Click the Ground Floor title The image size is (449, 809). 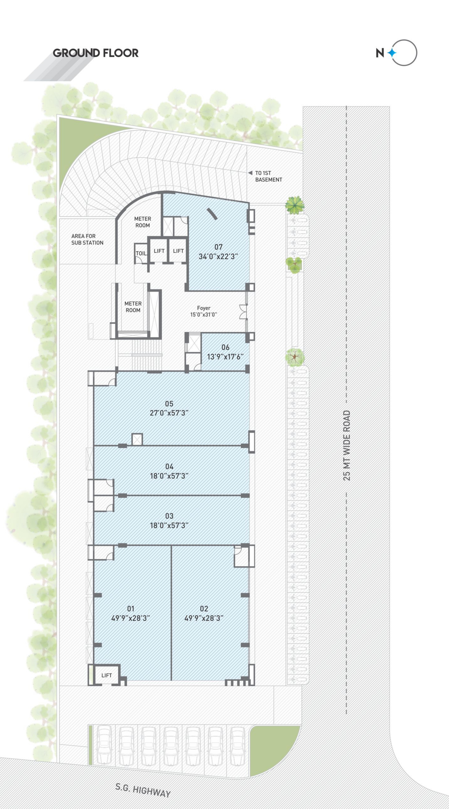pyautogui.click(x=95, y=53)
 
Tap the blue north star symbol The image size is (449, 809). pyautogui.click(x=392, y=53)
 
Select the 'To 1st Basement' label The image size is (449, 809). pyautogui.click(x=268, y=176)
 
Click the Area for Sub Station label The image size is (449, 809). pyautogui.click(x=87, y=239)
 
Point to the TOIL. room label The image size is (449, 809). pyautogui.click(x=141, y=253)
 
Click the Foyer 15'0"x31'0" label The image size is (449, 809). pyautogui.click(x=204, y=311)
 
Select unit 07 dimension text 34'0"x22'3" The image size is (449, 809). pyautogui.click(x=218, y=256)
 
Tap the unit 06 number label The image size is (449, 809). pyautogui.click(x=225, y=347)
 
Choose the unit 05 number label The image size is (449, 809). pyautogui.click(x=169, y=404)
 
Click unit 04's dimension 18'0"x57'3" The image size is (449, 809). pyautogui.click(x=169, y=476)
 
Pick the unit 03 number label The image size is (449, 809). pyautogui.click(x=169, y=516)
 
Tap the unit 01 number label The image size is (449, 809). pyautogui.click(x=131, y=609)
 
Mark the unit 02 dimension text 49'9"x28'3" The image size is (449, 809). pyautogui.click(x=204, y=618)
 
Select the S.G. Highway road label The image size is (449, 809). pyautogui.click(x=143, y=790)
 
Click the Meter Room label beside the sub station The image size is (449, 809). pyautogui.click(x=143, y=222)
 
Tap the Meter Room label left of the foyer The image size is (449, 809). pyautogui.click(x=133, y=307)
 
